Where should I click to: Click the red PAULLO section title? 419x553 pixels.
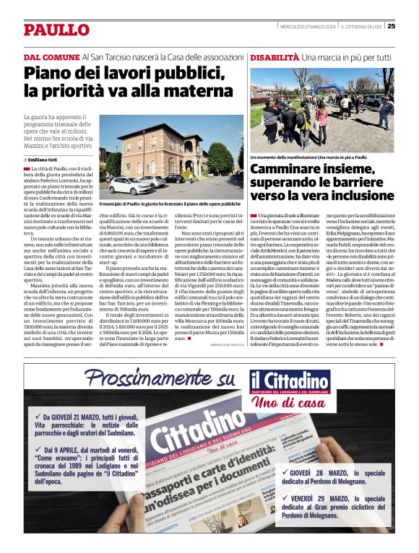[56, 30]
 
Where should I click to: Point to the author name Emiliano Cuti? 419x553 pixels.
[43, 158]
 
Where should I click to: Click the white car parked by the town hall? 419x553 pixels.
[130, 186]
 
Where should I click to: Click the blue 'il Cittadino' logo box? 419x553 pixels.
[290, 381]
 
